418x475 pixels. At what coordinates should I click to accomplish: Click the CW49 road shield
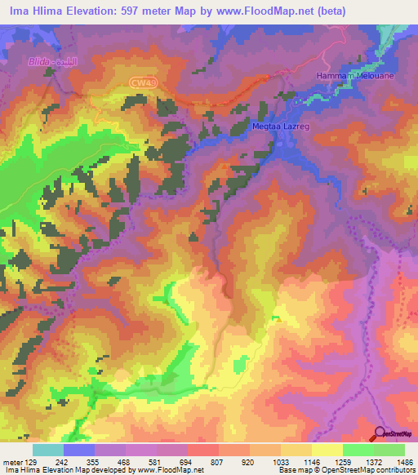142,82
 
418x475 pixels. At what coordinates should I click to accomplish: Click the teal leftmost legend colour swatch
47,450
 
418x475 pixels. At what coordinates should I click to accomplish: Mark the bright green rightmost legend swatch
389,450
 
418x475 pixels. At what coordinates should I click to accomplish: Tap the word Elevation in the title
88,11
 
